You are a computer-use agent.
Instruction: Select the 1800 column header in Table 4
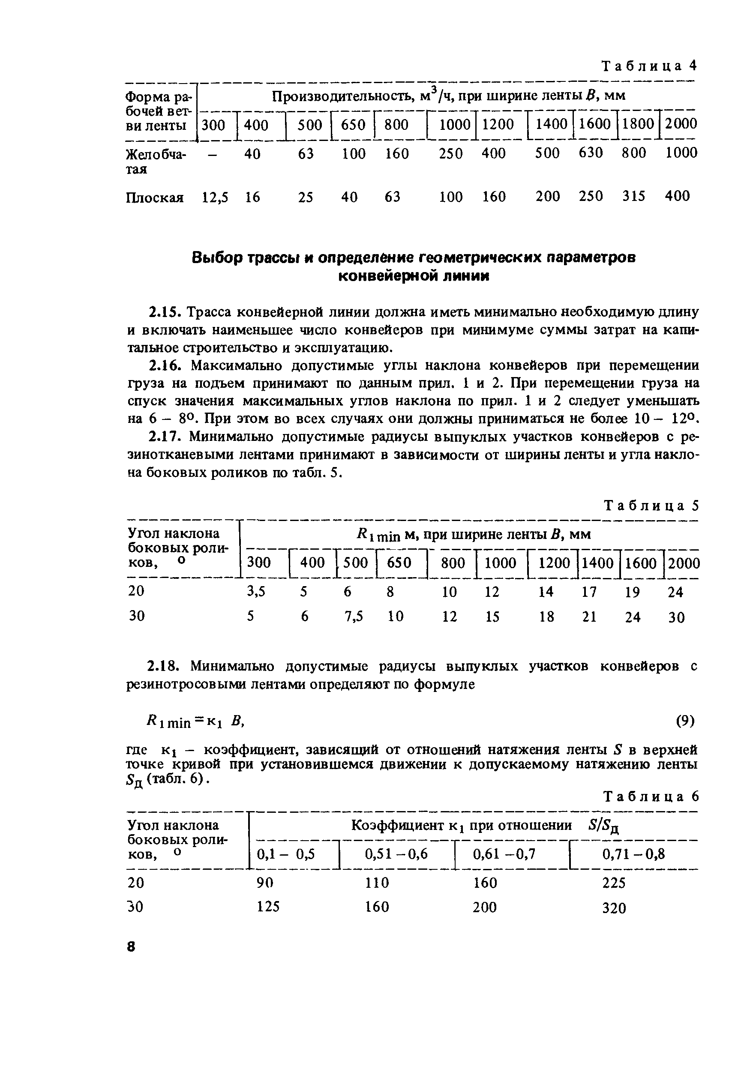(638, 124)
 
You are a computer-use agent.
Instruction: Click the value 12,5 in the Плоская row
(215, 197)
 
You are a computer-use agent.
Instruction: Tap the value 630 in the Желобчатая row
(590, 153)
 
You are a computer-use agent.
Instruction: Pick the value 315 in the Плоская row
(633, 196)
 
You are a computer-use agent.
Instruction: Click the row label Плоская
(155, 198)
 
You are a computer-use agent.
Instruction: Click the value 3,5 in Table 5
(255, 592)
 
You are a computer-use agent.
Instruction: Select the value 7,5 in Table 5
(353, 617)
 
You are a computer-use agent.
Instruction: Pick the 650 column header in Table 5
(399, 563)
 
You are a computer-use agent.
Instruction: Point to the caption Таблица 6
(651, 797)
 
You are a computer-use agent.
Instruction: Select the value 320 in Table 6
(614, 908)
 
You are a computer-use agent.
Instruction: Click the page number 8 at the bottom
(131, 946)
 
